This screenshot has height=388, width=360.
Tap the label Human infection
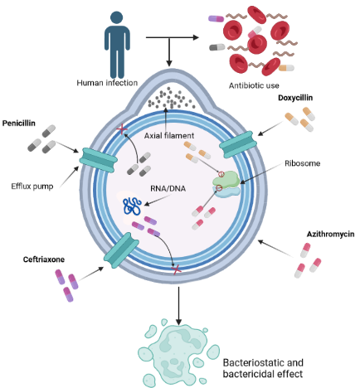click(108, 83)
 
